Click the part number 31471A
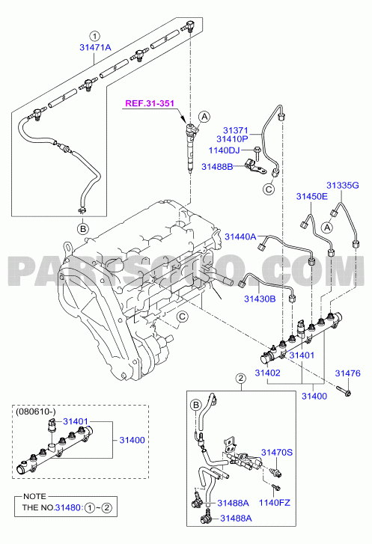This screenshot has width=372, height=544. click(x=95, y=48)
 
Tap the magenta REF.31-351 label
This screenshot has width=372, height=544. click(x=150, y=103)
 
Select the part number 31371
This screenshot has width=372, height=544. click(x=236, y=130)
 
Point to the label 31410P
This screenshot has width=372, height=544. click(x=233, y=139)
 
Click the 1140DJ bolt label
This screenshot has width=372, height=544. click(x=224, y=150)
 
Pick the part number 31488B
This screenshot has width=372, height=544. click(x=217, y=167)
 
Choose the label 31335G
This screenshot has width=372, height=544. click(x=343, y=186)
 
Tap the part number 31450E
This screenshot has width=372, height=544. click(x=311, y=196)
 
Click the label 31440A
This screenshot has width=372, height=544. click(x=240, y=236)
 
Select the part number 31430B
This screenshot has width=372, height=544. click(x=260, y=299)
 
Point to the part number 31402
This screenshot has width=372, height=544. click(x=267, y=373)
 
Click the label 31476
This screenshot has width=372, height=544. click(x=348, y=373)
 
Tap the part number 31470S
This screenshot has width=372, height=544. click(x=277, y=453)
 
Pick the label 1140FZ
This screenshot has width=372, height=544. click(x=275, y=503)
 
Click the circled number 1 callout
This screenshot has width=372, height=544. click(x=94, y=36)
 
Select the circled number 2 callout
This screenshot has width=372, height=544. click(x=241, y=378)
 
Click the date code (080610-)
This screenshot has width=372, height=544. click(x=36, y=412)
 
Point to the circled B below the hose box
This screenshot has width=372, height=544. click(x=83, y=229)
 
